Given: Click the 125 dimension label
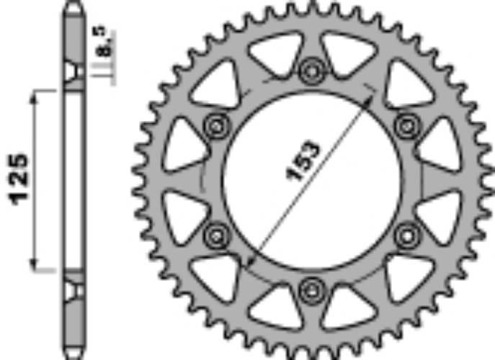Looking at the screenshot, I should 19,179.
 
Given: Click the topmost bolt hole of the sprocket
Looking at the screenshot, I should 311,71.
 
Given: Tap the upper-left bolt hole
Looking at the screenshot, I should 215,126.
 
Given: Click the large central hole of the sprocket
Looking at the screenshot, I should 311,179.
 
